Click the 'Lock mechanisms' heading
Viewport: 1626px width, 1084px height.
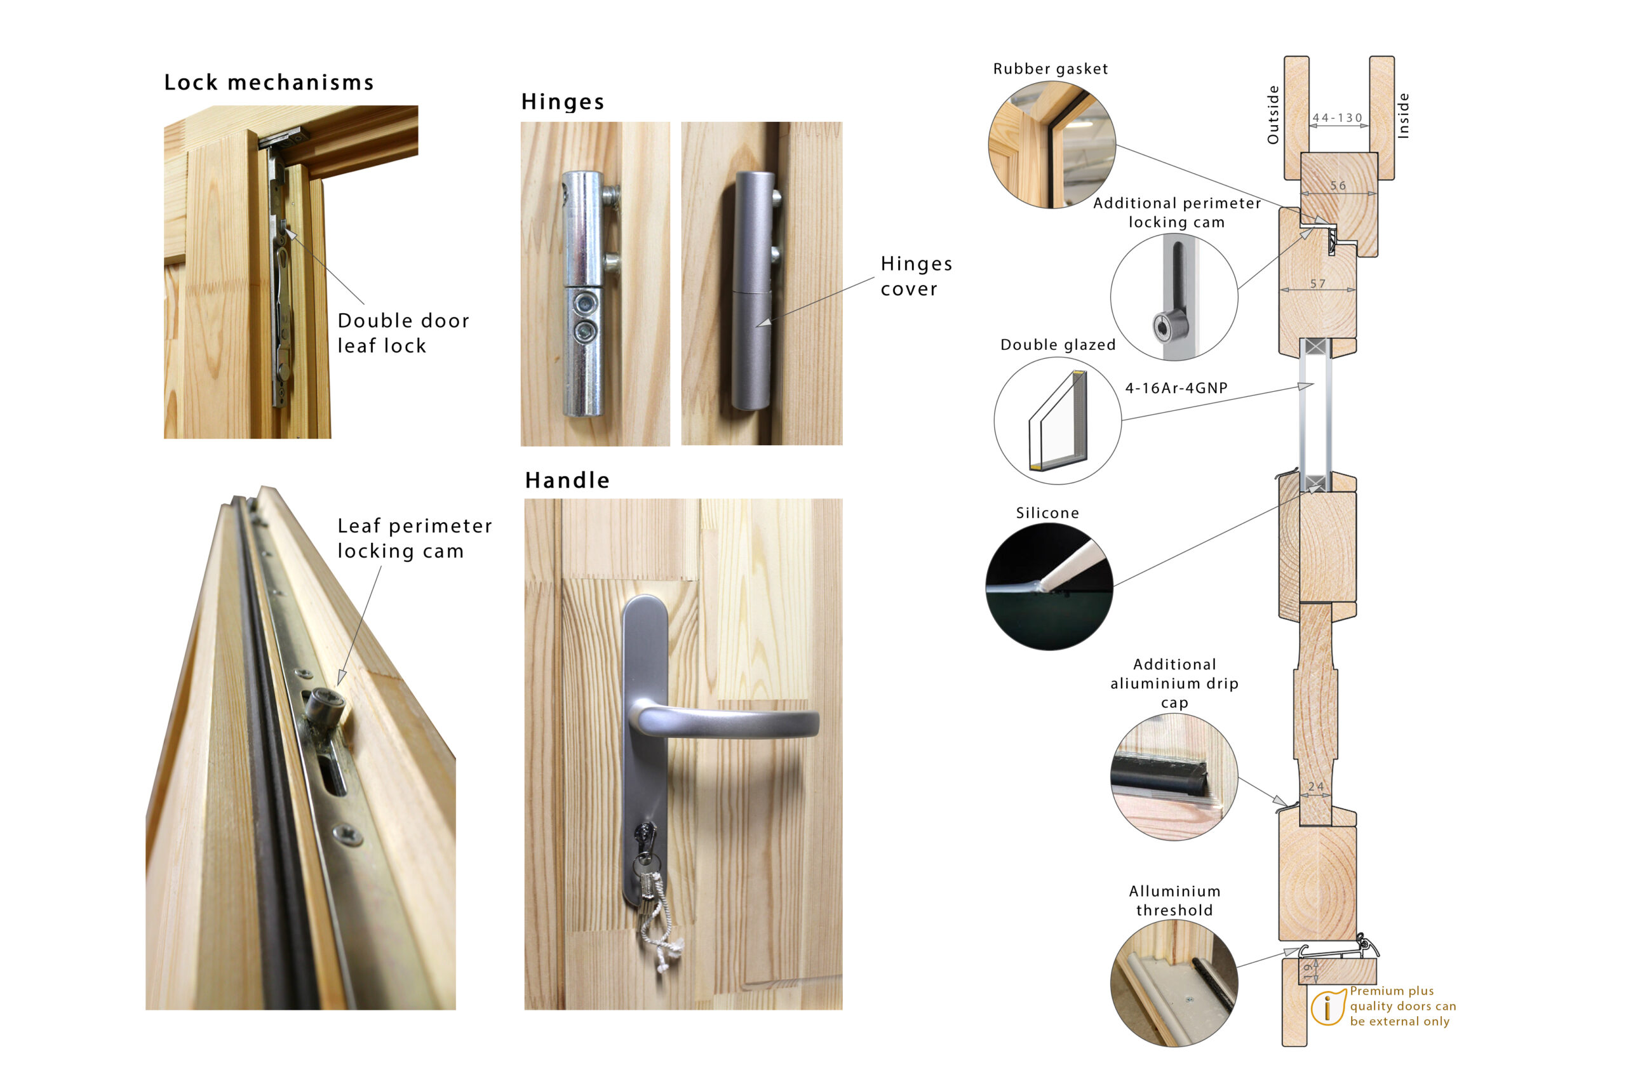(x=269, y=83)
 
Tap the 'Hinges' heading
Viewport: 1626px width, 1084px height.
(x=563, y=102)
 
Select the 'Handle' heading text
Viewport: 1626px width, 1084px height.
(x=567, y=480)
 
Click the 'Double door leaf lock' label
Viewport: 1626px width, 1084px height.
(x=403, y=333)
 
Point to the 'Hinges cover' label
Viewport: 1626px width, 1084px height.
(x=916, y=276)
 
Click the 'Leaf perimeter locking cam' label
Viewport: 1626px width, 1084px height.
(x=415, y=538)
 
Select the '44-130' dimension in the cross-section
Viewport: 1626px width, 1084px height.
(x=1338, y=118)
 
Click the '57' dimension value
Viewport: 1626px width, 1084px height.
(x=1319, y=284)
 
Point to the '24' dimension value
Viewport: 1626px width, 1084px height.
(x=1316, y=787)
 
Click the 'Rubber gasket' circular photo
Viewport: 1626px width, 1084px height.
(x=1052, y=145)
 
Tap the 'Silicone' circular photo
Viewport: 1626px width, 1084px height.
(x=1049, y=586)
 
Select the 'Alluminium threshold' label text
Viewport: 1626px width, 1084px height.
(x=1174, y=900)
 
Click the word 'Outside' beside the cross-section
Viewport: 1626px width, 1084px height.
(x=1273, y=115)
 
